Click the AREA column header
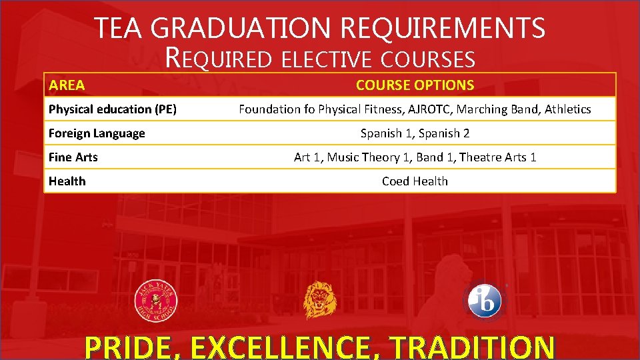pos(67,85)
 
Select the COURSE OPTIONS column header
pos(415,85)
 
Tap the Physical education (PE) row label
pos(112,109)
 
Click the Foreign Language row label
pos(97,133)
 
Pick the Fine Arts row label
pos(73,157)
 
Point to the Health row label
pos(67,181)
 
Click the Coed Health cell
pos(415,181)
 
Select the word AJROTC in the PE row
pos(429,109)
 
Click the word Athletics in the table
pos(568,109)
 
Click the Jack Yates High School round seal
pos(156,301)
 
